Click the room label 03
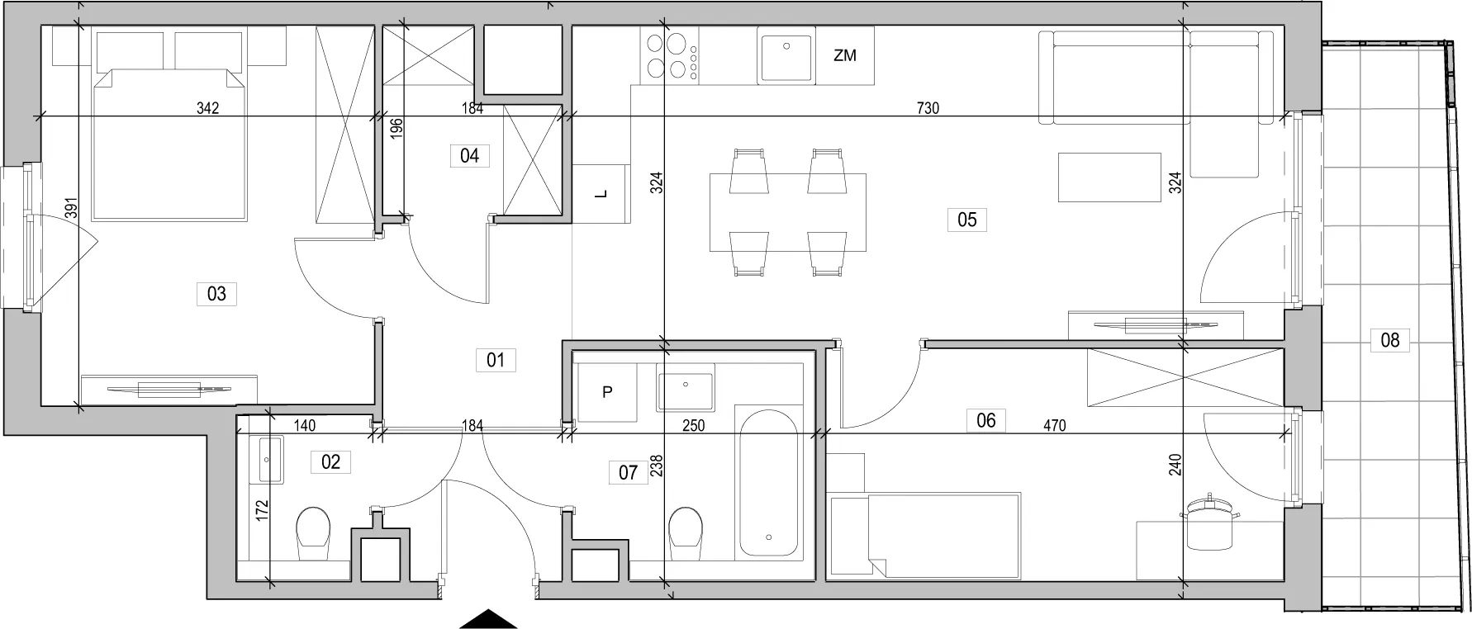point(216,293)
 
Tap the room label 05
point(966,220)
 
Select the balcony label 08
point(1389,339)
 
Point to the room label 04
point(469,155)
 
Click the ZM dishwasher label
point(845,56)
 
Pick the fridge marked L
point(601,194)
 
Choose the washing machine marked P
point(606,392)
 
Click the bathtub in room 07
point(768,481)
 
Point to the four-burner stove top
point(670,55)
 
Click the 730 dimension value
point(928,108)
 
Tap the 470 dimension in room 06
point(1054,426)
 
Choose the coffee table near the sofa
point(1110,177)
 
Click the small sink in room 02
point(270,460)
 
